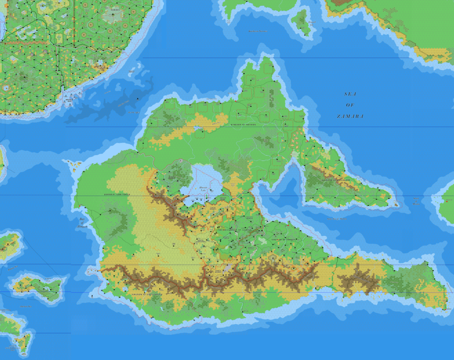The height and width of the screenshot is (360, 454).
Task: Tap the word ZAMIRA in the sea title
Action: coord(350,116)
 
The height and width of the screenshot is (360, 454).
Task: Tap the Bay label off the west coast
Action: coord(82,222)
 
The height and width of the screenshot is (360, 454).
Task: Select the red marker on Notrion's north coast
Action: coord(236,101)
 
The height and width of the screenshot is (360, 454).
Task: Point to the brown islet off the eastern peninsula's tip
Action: coord(395,204)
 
